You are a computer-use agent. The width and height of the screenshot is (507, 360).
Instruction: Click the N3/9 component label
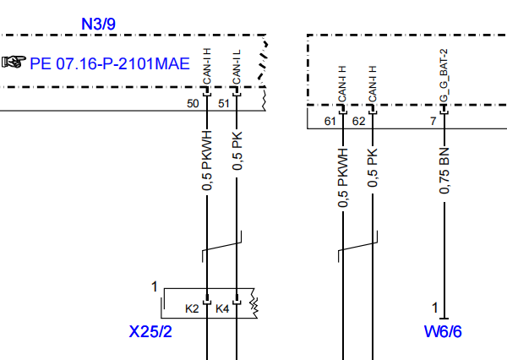[98, 24]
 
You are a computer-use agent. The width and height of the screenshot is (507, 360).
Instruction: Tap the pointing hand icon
[14, 62]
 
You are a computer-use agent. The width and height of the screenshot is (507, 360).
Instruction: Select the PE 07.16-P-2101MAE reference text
[110, 63]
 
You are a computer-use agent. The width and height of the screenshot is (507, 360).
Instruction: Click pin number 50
[193, 104]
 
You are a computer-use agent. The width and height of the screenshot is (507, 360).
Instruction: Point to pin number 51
[224, 104]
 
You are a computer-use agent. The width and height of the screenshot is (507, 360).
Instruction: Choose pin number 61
[330, 122]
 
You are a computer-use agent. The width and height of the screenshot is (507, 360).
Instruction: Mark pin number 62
[358, 122]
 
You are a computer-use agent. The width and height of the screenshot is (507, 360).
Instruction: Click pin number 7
[433, 122]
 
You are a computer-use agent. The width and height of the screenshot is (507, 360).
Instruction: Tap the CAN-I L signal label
[237, 67]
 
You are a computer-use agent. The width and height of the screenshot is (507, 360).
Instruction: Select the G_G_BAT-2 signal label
[444, 75]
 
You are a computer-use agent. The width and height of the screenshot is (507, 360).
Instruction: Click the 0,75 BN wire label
[444, 171]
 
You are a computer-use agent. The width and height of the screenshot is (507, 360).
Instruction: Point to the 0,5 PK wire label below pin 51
[237, 150]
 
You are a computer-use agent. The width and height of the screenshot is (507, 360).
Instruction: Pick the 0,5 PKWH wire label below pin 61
[343, 177]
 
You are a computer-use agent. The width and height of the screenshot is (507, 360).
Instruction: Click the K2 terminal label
[192, 309]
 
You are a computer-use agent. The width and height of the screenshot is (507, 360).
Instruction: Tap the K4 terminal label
[222, 309]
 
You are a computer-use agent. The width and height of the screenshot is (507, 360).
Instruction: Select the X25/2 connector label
[150, 332]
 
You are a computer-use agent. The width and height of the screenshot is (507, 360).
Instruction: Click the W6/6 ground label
[443, 332]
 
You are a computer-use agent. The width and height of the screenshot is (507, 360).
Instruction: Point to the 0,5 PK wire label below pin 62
[373, 167]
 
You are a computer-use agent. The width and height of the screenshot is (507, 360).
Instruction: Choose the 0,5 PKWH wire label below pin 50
[207, 161]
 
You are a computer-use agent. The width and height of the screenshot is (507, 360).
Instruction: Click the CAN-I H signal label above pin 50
[207, 66]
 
